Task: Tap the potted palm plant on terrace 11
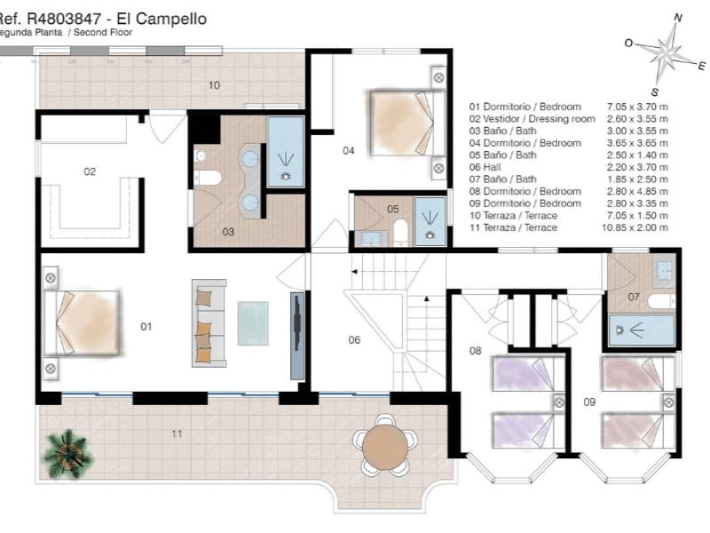(x=68, y=451)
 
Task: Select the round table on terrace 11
(x=383, y=443)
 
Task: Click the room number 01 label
(x=146, y=327)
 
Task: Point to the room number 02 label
(x=90, y=171)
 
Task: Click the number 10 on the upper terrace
(x=214, y=86)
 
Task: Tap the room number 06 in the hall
(x=354, y=340)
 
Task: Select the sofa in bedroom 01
(x=208, y=322)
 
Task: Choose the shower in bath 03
(x=286, y=151)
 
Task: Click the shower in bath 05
(x=430, y=222)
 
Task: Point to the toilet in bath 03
(x=206, y=177)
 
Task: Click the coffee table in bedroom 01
(x=253, y=323)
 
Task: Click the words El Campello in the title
(x=168, y=17)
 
